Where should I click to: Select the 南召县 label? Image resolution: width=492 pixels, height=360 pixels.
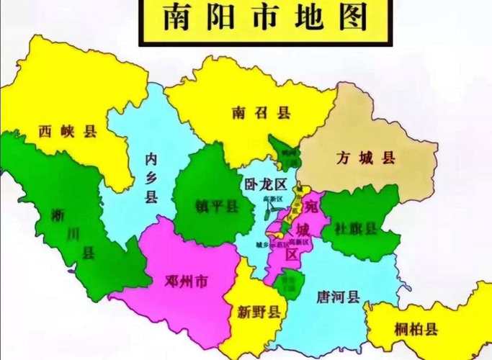[x=251, y=113]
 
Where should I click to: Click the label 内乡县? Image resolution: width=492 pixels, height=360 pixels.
[x=151, y=177]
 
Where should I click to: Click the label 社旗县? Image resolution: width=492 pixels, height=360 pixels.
[x=356, y=229]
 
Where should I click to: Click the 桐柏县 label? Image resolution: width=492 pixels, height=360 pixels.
[x=416, y=330]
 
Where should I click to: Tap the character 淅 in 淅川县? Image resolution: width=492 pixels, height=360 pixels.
[x=59, y=214]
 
